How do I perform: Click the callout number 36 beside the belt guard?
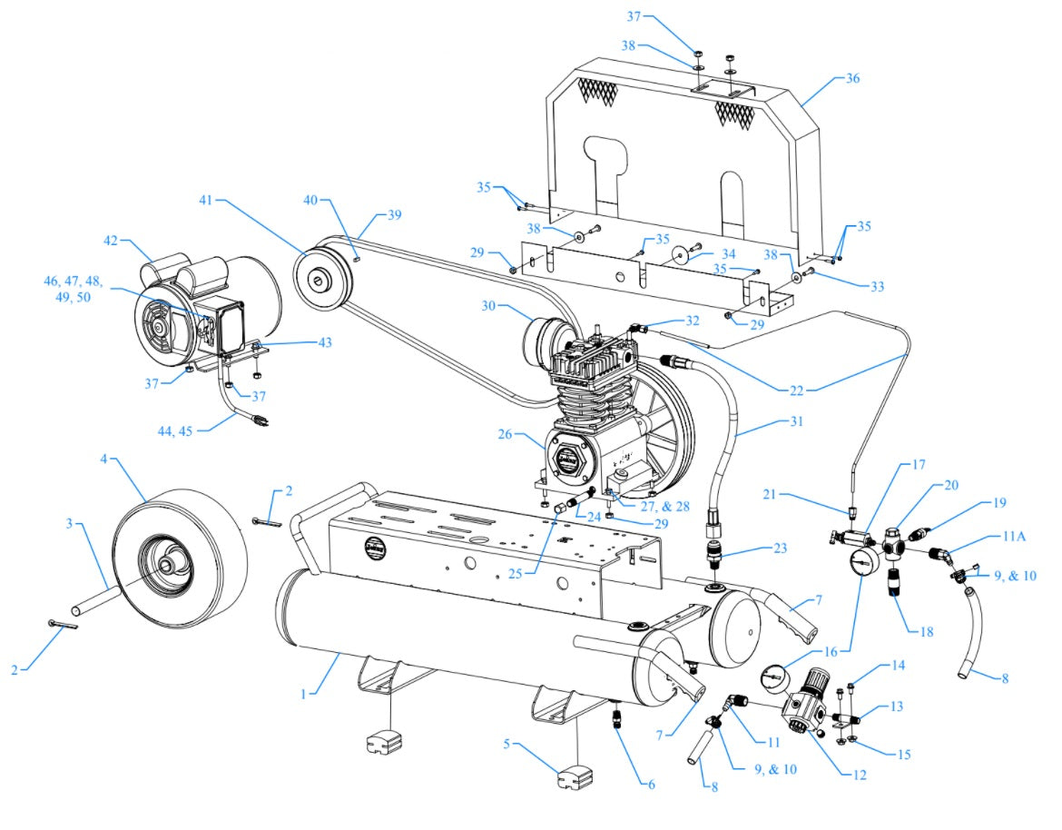point(851,79)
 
